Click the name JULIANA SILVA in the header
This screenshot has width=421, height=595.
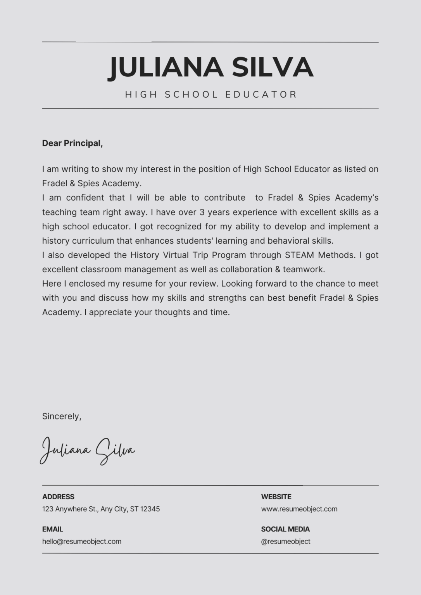[x=210, y=67]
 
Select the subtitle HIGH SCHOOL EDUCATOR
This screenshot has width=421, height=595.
[x=211, y=95]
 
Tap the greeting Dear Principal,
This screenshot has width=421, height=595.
[x=72, y=143]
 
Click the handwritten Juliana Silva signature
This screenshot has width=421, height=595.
[x=88, y=450]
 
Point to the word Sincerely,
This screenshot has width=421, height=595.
[x=62, y=416]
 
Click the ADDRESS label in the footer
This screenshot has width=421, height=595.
[x=58, y=497]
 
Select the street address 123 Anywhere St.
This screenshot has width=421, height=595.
[x=70, y=509]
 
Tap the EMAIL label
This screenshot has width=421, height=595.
[x=53, y=529]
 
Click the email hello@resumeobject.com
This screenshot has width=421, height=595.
[x=82, y=542]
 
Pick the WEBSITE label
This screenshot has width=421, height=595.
[x=276, y=497]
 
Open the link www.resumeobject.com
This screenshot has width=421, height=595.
[x=299, y=509]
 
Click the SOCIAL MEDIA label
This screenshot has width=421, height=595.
[x=285, y=529]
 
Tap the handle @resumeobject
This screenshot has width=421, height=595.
[x=286, y=542]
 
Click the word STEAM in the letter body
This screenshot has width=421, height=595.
[x=299, y=255]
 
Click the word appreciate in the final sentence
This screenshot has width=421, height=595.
[x=110, y=313]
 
